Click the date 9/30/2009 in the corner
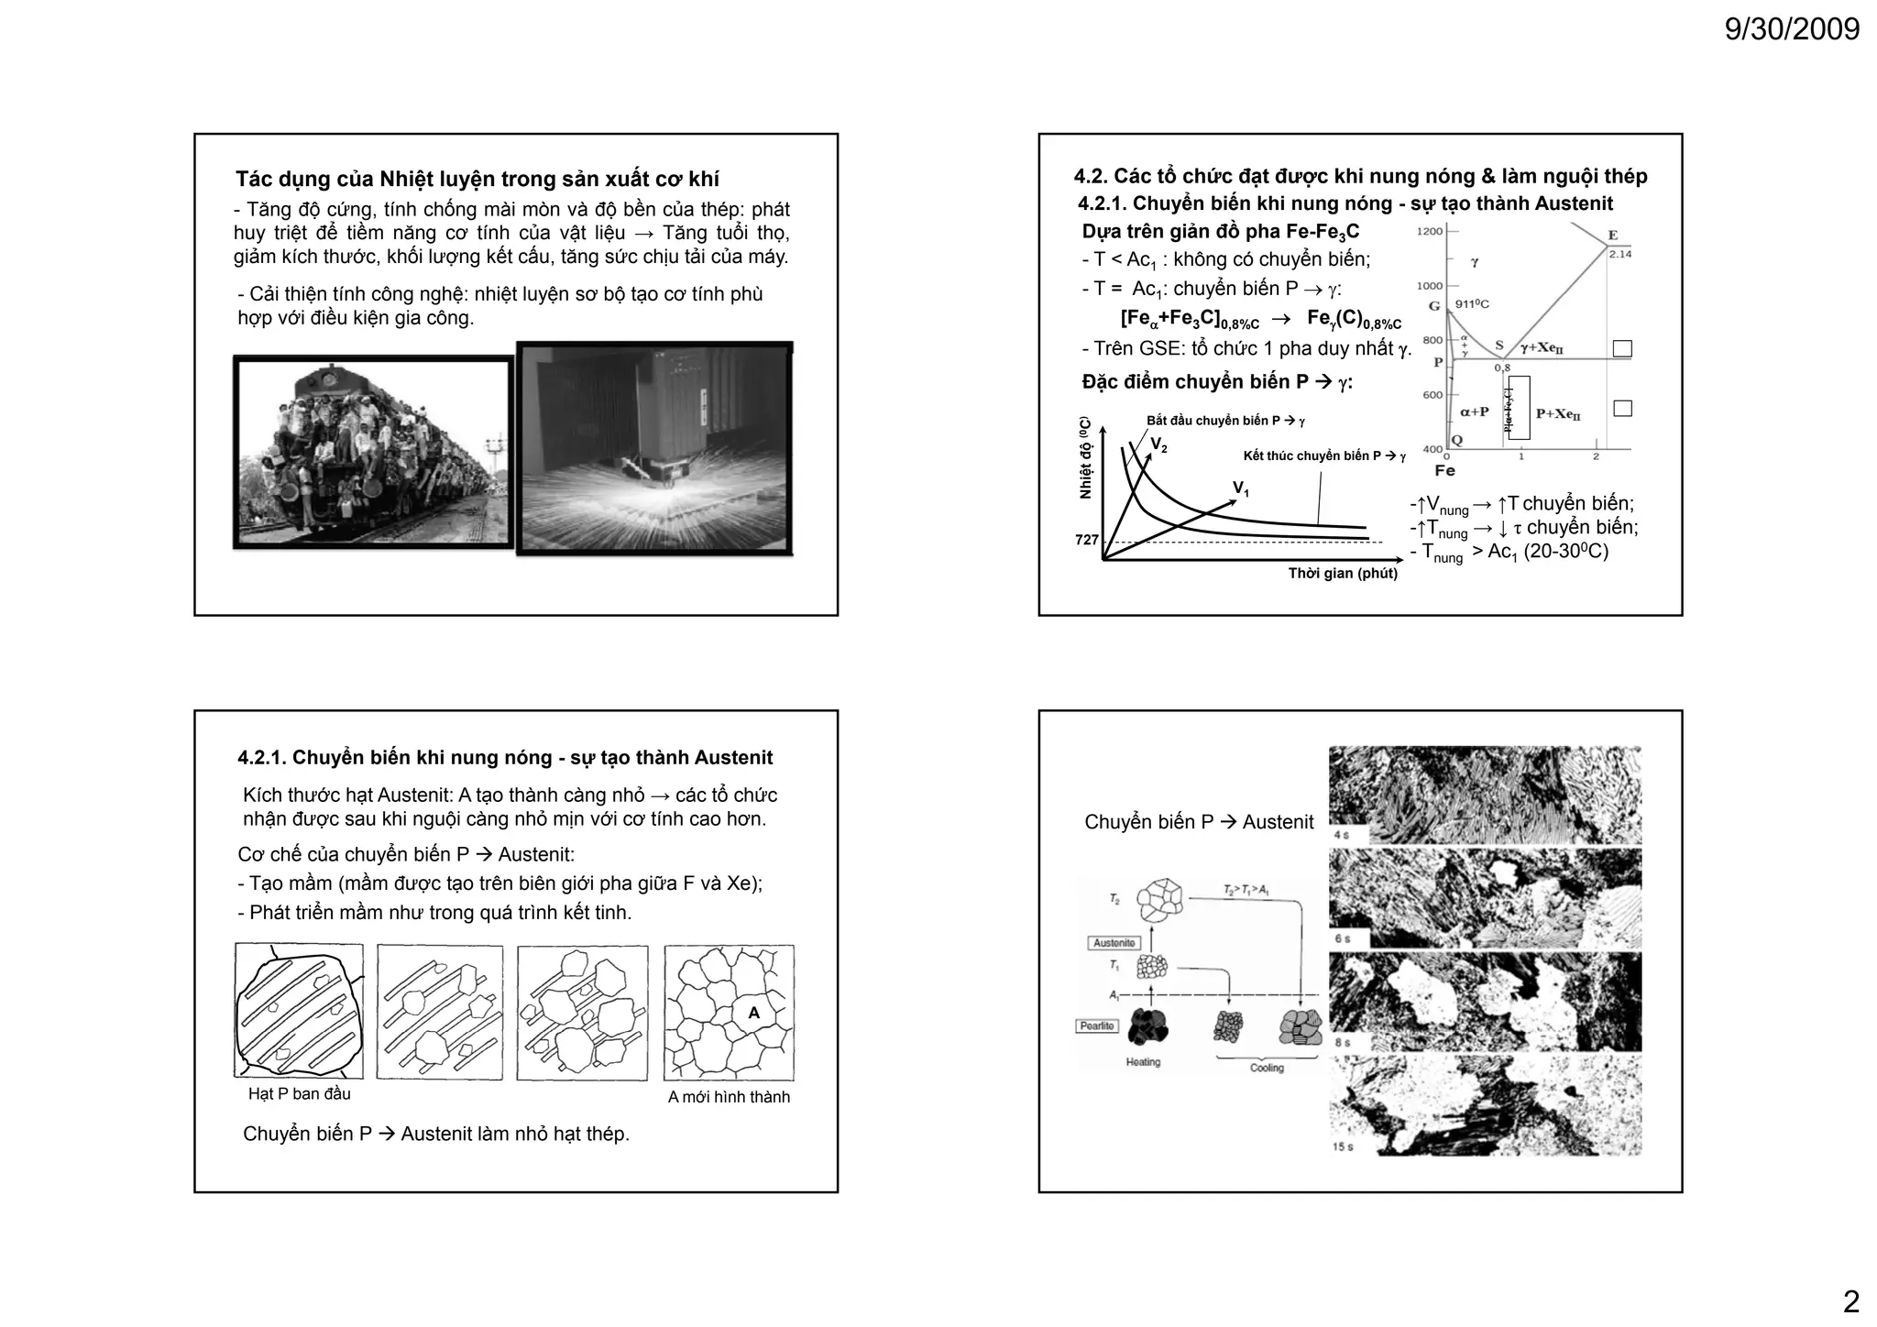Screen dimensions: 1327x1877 point(1792,30)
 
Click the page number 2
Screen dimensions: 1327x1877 point(1850,1301)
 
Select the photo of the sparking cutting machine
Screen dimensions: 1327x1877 point(654,448)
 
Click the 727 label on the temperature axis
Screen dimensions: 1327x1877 point(1086,540)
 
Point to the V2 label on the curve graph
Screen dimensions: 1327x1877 point(1158,445)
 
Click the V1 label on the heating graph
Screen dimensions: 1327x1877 point(1240,488)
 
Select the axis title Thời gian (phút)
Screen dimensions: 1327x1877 point(1343,574)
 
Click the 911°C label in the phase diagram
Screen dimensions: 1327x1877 point(1472,304)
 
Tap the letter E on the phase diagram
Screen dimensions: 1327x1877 point(1613,236)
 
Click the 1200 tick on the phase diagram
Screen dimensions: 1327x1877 point(1430,231)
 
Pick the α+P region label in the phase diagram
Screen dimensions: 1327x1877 point(1474,412)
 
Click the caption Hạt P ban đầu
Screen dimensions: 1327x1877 point(299,1094)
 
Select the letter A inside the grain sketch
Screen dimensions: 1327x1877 point(753,1013)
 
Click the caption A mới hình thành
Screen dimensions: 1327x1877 point(729,1097)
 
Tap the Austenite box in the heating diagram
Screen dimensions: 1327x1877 point(1114,943)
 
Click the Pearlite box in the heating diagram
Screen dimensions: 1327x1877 point(1097,1025)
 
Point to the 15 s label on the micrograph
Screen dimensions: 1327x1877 point(1343,1146)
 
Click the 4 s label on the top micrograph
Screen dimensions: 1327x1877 point(1341,836)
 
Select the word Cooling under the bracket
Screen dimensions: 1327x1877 point(1267,1069)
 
